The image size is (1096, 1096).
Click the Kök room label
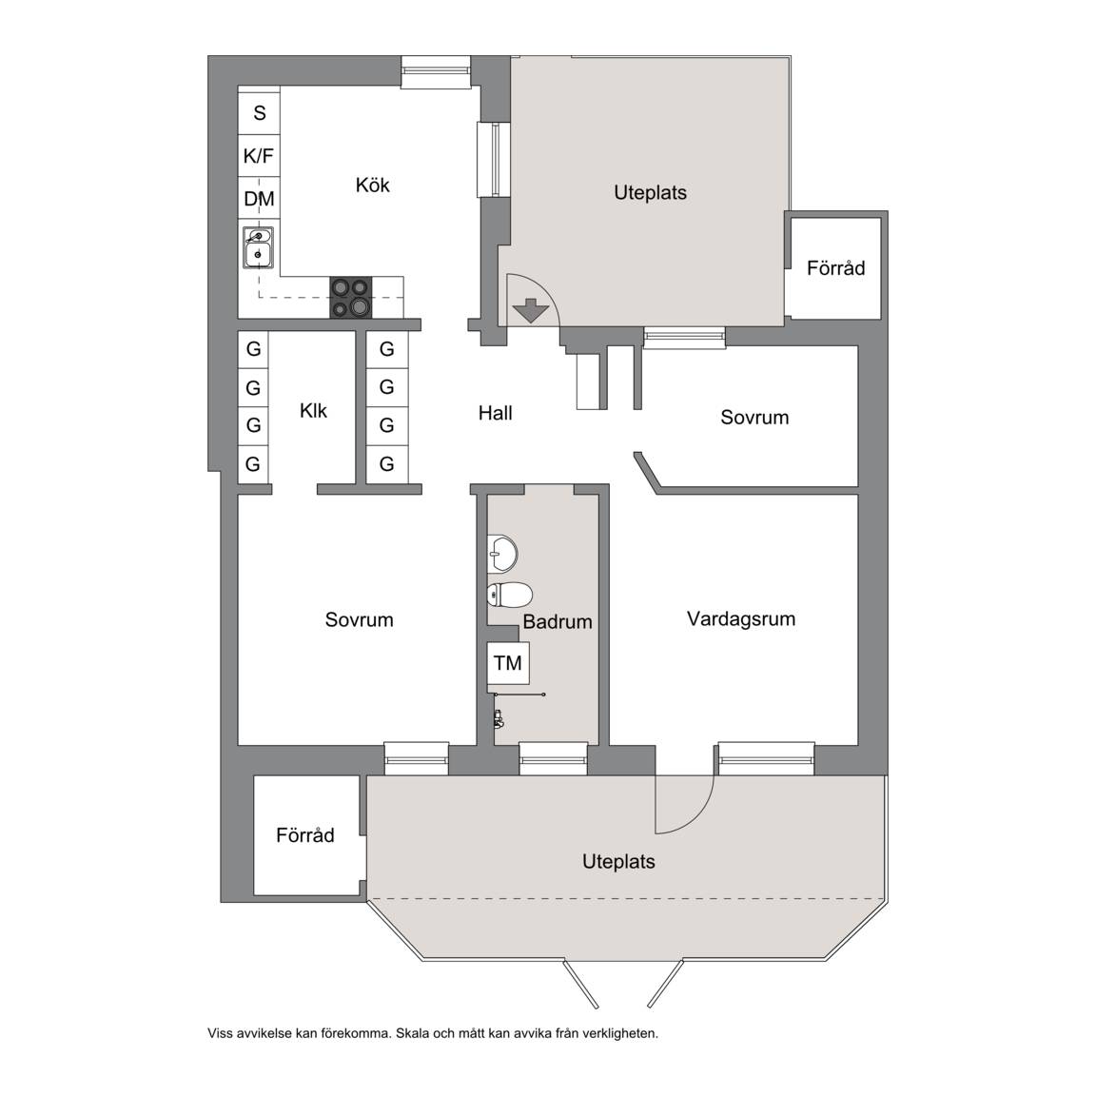tap(372, 186)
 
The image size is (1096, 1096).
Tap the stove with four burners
tap(351, 298)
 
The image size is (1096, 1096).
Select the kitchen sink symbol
tap(258, 247)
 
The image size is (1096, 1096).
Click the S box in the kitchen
tap(260, 112)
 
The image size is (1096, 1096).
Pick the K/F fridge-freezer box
tap(259, 156)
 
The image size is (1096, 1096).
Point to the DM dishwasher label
tap(259, 199)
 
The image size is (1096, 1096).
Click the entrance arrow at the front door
tap(531, 310)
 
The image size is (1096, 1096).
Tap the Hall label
tap(495, 413)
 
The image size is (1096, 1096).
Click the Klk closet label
tap(313, 410)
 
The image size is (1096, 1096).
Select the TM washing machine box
tap(508, 662)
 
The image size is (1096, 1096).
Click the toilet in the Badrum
tap(510, 595)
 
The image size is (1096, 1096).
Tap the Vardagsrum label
tap(741, 618)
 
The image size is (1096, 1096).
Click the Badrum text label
tap(558, 621)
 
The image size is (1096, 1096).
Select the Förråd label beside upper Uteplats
tap(835, 267)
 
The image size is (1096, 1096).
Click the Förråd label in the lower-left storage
tap(304, 835)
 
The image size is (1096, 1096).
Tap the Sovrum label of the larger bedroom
tap(360, 620)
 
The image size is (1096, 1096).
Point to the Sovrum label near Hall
tap(754, 418)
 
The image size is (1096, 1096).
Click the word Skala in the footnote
tap(412, 1033)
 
